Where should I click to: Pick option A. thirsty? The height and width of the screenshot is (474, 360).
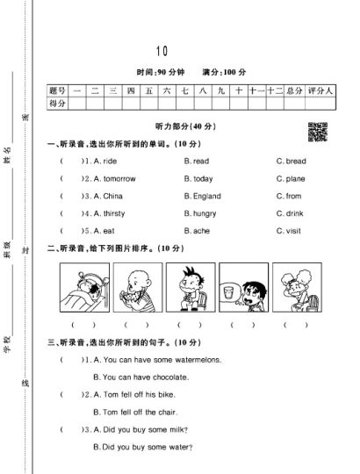coord(109,213)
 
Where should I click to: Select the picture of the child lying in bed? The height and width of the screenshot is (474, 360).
coord(84,288)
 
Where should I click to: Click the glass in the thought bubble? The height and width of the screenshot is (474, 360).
coord(227,286)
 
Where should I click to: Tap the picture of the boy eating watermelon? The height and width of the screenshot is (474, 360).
coord(136,288)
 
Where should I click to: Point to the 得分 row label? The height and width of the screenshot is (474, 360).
coord(58,104)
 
